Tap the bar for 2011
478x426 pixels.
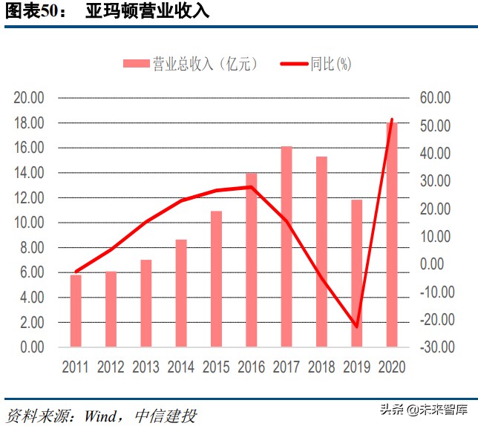pyautogui.click(x=76, y=310)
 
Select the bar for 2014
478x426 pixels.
pyautogui.click(x=181, y=293)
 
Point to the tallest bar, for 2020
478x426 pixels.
pyautogui.click(x=392, y=235)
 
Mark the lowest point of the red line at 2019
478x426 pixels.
pyautogui.click(x=357, y=327)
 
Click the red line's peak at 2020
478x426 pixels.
pyautogui.click(x=392, y=119)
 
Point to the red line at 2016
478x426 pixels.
pyautogui.click(x=252, y=187)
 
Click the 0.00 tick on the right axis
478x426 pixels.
pyautogui.click(x=436, y=264)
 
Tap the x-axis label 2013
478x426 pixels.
pyautogui.click(x=145, y=367)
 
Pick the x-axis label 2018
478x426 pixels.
pyautogui.click(x=321, y=367)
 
